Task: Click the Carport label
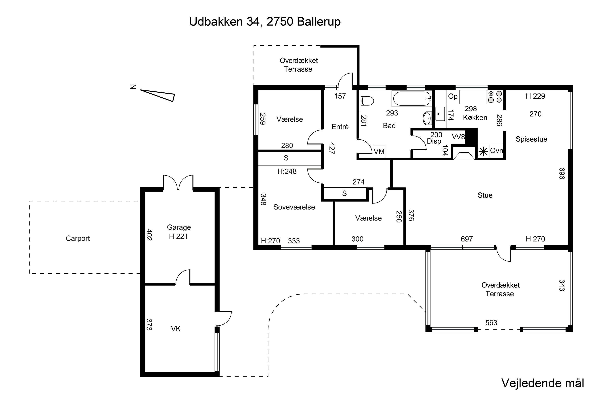pyautogui.click(x=78, y=238)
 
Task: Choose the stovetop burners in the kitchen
pyautogui.click(x=495, y=97)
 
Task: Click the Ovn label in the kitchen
pyautogui.click(x=496, y=151)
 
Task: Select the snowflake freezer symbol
pyautogui.click(x=483, y=152)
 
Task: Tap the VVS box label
pyautogui.click(x=458, y=137)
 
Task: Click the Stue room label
pyautogui.click(x=485, y=195)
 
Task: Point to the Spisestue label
pyautogui.click(x=531, y=139)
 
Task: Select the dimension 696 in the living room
pyautogui.click(x=561, y=173)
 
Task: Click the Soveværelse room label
pyautogui.click(x=294, y=207)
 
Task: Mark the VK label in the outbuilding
pyautogui.click(x=176, y=329)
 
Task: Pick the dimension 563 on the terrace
pyautogui.click(x=491, y=323)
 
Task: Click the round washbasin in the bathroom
pyautogui.click(x=427, y=118)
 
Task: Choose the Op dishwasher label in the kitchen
pyautogui.click(x=453, y=96)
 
